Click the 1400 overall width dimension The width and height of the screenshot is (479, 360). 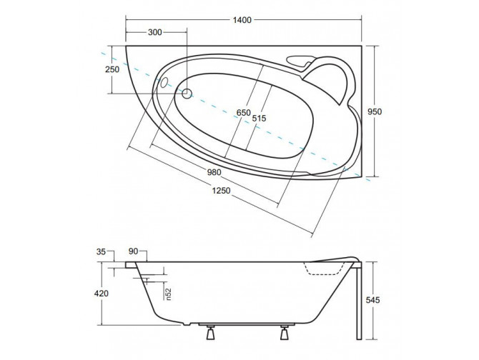coord(242,19)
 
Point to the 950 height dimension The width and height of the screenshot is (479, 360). coord(385,112)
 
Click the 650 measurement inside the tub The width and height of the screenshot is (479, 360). coord(244,114)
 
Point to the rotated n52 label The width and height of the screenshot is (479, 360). coord(167,292)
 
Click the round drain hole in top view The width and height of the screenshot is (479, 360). coord(187,93)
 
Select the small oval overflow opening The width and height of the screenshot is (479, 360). coord(167,83)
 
